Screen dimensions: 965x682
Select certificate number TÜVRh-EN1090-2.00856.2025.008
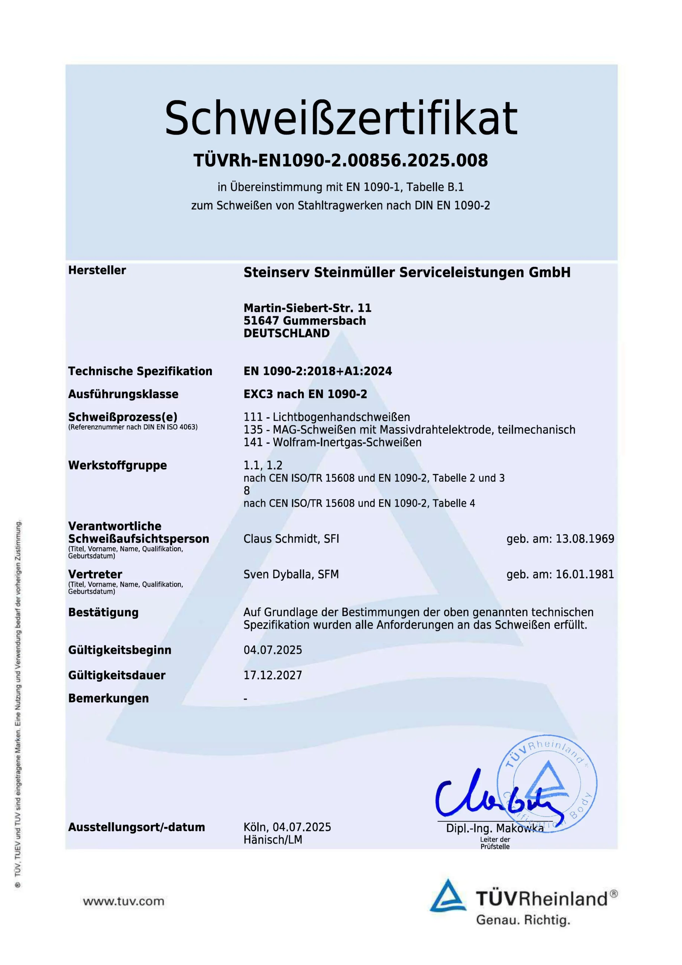(340, 161)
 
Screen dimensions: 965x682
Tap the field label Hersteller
(97, 270)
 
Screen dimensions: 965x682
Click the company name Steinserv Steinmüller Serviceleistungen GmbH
(407, 273)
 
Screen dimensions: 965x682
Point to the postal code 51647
(261, 321)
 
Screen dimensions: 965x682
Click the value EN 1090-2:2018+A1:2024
(317, 371)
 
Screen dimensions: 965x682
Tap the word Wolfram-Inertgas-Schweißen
(347, 442)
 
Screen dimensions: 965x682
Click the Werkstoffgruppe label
(117, 465)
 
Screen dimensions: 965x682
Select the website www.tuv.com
(124, 901)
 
